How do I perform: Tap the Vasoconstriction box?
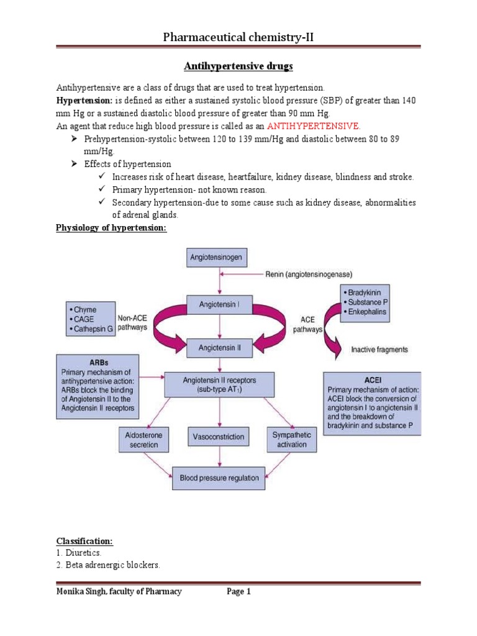(216, 437)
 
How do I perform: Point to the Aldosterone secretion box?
(143, 440)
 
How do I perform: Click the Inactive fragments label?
(379, 350)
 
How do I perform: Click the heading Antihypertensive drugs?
(238, 65)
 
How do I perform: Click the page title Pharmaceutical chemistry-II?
(238, 39)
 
